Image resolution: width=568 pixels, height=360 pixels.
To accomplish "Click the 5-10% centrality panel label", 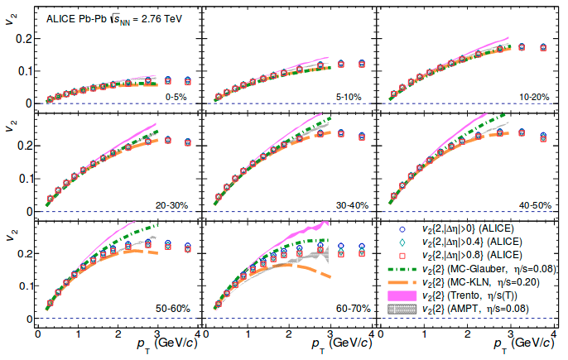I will [x=348, y=98].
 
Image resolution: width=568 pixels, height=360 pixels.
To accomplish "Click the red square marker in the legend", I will [x=402, y=256].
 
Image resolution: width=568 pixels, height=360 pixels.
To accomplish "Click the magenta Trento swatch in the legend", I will [x=402, y=295].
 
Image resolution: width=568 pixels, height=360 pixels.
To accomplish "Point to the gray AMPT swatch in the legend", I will [x=402, y=309].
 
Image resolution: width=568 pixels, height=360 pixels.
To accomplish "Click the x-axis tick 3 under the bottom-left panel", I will [x=157, y=334].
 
